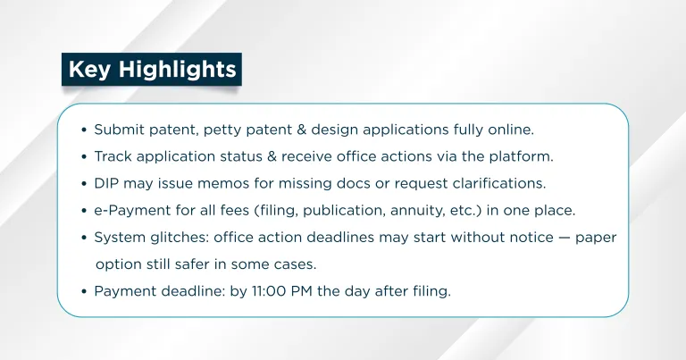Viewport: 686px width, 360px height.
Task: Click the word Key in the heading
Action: pos(89,70)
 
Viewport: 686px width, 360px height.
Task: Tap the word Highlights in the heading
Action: pos(177,70)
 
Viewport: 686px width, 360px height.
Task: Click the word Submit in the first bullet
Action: pos(119,130)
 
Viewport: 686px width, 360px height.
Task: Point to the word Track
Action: pos(113,156)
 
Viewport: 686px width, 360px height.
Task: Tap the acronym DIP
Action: pos(106,183)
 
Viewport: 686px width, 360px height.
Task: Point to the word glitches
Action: pos(180,238)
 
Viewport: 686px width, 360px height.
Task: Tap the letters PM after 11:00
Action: pos(301,291)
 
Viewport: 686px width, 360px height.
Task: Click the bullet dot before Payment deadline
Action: pos(85,291)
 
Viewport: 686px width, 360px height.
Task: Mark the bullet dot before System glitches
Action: pos(85,238)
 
